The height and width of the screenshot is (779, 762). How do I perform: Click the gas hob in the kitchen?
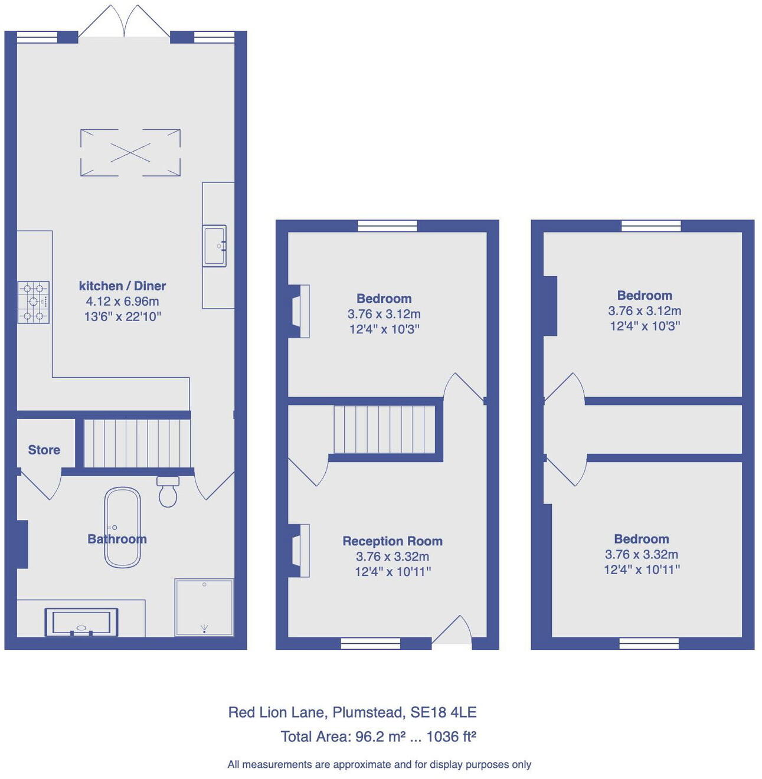point(34,302)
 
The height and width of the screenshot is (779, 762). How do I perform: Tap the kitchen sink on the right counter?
point(214,246)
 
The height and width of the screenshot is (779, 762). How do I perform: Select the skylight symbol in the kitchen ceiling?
point(130,152)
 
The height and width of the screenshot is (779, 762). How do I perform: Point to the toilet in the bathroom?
point(168,492)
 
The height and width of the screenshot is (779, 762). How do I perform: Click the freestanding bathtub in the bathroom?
point(122,528)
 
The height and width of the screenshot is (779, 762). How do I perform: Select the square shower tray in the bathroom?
point(204,607)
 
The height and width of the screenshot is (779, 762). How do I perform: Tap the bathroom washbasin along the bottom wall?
point(81,623)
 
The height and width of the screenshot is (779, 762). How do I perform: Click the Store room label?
point(44,450)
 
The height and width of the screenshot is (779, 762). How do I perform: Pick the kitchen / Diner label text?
point(122,286)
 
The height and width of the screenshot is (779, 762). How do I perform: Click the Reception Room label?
point(393,541)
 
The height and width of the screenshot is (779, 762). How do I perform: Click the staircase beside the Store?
point(137,443)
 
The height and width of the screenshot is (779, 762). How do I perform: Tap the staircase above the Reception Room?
point(384,429)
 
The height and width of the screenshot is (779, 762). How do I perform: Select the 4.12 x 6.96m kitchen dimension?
point(122,301)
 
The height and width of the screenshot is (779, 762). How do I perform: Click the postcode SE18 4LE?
point(443,712)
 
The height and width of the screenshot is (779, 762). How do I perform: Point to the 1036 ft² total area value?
point(451,737)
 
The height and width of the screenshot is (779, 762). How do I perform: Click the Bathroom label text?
point(117,539)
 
